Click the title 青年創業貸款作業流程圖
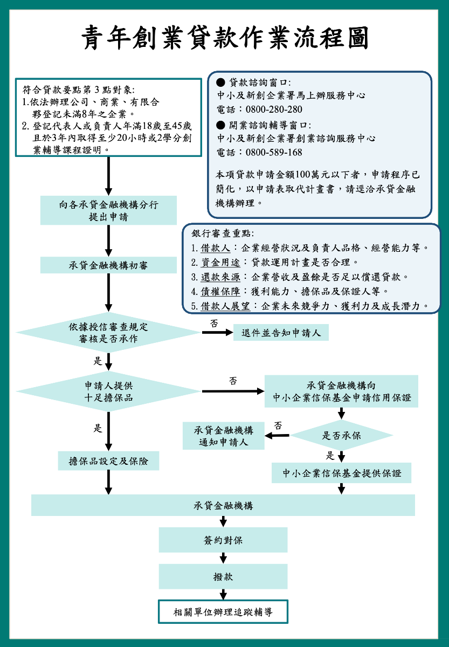tap(225, 39)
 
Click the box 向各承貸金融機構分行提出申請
tap(108, 210)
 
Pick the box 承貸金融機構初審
tap(108, 265)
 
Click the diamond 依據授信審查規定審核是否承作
tap(108, 332)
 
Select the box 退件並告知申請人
tap(281, 333)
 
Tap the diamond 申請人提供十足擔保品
tap(108, 391)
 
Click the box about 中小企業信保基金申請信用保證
tap(341, 391)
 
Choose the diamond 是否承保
tap(341, 435)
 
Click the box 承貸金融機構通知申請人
tap(223, 436)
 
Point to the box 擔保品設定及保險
tap(108, 461)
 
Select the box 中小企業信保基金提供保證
tap(341, 473)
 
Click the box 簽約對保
tap(223, 540)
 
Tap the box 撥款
tap(223, 576)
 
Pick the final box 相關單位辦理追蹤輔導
tap(223, 612)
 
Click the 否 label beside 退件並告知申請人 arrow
tap(214, 323)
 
